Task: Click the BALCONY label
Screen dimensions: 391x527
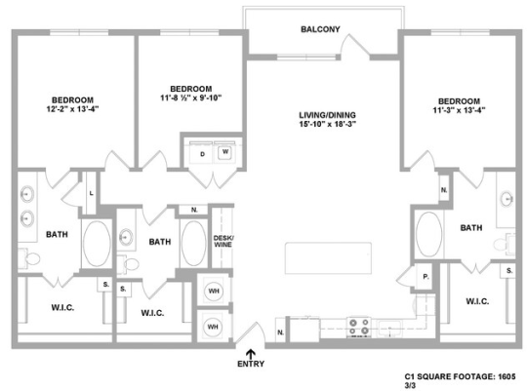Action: (320, 29)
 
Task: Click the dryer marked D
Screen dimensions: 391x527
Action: (202, 154)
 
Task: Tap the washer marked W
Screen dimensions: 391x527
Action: (224, 153)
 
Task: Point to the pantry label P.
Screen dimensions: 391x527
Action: (426, 277)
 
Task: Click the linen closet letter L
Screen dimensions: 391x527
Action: (91, 192)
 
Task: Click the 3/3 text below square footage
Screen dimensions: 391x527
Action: (410, 384)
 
